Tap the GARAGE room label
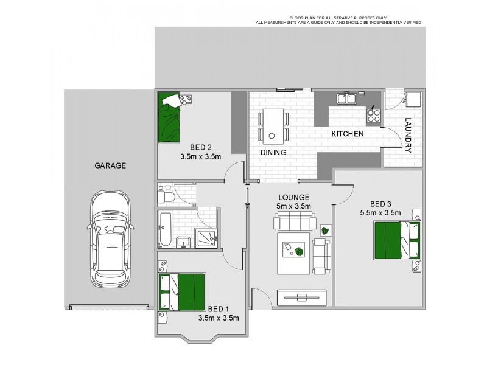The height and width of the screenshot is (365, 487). click(110, 165)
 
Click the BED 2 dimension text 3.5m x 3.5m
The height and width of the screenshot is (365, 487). click(200, 156)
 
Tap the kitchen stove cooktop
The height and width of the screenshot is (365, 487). click(373, 113)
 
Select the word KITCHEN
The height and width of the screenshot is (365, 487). click(347, 134)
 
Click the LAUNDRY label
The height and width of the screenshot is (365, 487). click(408, 135)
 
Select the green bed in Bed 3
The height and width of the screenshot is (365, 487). click(396, 240)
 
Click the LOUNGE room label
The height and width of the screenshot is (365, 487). click(295, 198)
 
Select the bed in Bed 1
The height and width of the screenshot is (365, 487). click(182, 291)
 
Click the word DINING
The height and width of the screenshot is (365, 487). click(273, 153)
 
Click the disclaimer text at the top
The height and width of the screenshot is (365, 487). click(337, 20)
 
